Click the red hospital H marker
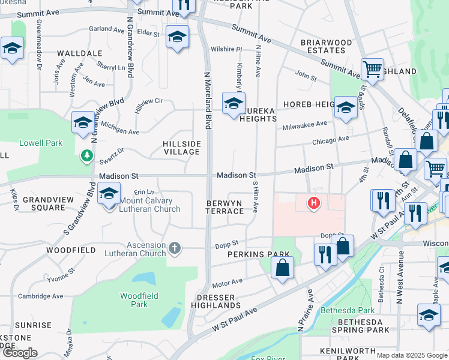click(x=313, y=203)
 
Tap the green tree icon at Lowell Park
click(x=88, y=156)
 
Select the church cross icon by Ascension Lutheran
click(x=175, y=247)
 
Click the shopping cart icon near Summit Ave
click(x=372, y=69)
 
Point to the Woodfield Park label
click(x=134, y=299)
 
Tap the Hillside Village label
click(x=181, y=148)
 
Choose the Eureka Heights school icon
click(x=234, y=103)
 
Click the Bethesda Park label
click(x=348, y=310)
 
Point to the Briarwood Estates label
click(x=326, y=47)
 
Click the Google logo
click(x=20, y=353)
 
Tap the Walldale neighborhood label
click(x=80, y=53)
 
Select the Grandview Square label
click(x=44, y=203)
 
